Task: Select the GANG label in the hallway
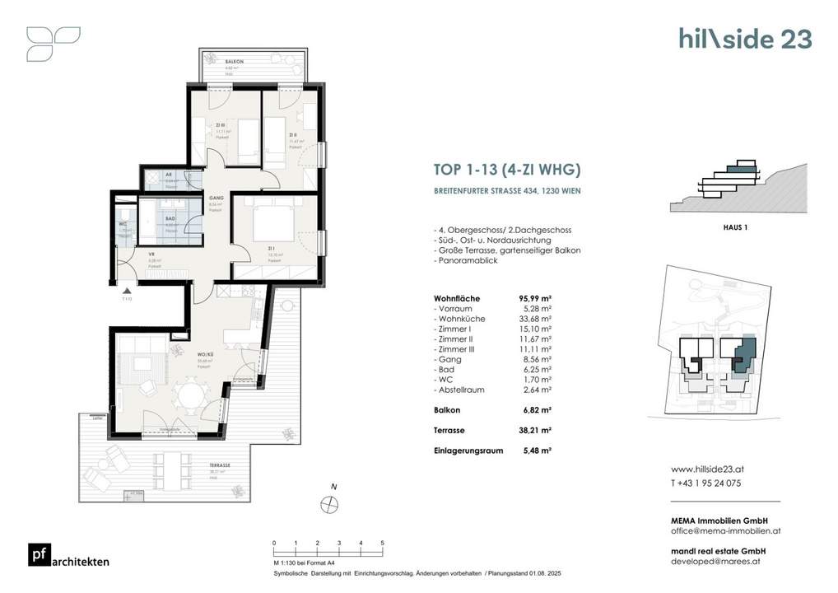tap(216, 198)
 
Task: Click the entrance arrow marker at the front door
tap(126, 291)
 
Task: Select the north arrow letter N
tap(333, 487)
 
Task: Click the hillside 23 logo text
tap(745, 39)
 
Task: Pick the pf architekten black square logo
tap(38, 556)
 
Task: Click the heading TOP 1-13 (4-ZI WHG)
tap(507, 170)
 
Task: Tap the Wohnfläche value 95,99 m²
tap(535, 298)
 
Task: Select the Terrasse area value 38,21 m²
tap(535, 430)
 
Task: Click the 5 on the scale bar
tap(382, 544)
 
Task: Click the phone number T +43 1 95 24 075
tap(706, 483)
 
